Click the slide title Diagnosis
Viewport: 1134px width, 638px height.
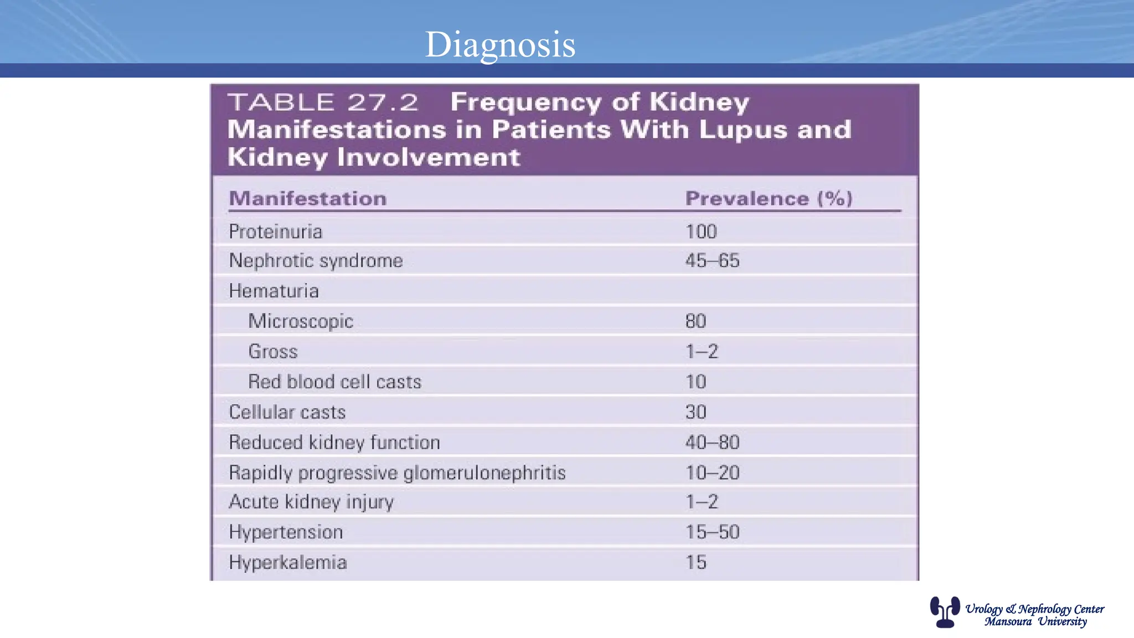click(500, 44)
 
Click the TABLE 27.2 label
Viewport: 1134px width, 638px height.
click(323, 102)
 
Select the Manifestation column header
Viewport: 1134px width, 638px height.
click(307, 198)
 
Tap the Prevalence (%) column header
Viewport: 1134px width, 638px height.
click(769, 198)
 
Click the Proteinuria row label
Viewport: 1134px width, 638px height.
click(275, 231)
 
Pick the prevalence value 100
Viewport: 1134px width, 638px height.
click(701, 231)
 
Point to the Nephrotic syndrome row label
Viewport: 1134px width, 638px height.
click(316, 261)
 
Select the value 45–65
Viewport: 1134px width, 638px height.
click(712, 261)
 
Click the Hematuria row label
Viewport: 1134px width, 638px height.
click(274, 291)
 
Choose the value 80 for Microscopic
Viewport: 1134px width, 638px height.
click(695, 321)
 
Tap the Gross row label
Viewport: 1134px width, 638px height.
click(272, 352)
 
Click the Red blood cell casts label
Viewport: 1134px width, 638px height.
click(334, 382)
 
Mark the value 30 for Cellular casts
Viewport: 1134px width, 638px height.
click(695, 412)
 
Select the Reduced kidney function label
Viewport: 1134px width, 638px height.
click(334, 443)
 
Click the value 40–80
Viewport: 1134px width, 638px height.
click(712, 443)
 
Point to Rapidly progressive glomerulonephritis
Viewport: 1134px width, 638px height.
click(397, 473)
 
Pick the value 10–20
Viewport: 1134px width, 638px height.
click(712, 473)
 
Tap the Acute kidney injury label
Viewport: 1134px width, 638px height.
click(311, 502)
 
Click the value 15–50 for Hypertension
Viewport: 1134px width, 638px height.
click(712, 532)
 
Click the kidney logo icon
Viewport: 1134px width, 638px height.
click(945, 611)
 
